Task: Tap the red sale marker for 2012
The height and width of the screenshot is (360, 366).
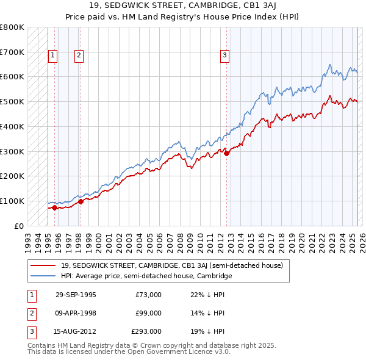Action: pyautogui.click(x=226, y=153)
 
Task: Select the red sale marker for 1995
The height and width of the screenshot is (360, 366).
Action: pyautogui.click(x=55, y=207)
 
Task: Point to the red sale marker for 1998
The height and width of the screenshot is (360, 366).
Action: pyautogui.click(x=81, y=201)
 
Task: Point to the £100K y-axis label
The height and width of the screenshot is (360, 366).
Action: pyautogui.click(x=12, y=201)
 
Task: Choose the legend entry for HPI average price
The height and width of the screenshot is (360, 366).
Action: pyautogui.click(x=146, y=276)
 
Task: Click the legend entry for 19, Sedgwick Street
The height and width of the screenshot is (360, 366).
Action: pyautogui.click(x=171, y=265)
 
